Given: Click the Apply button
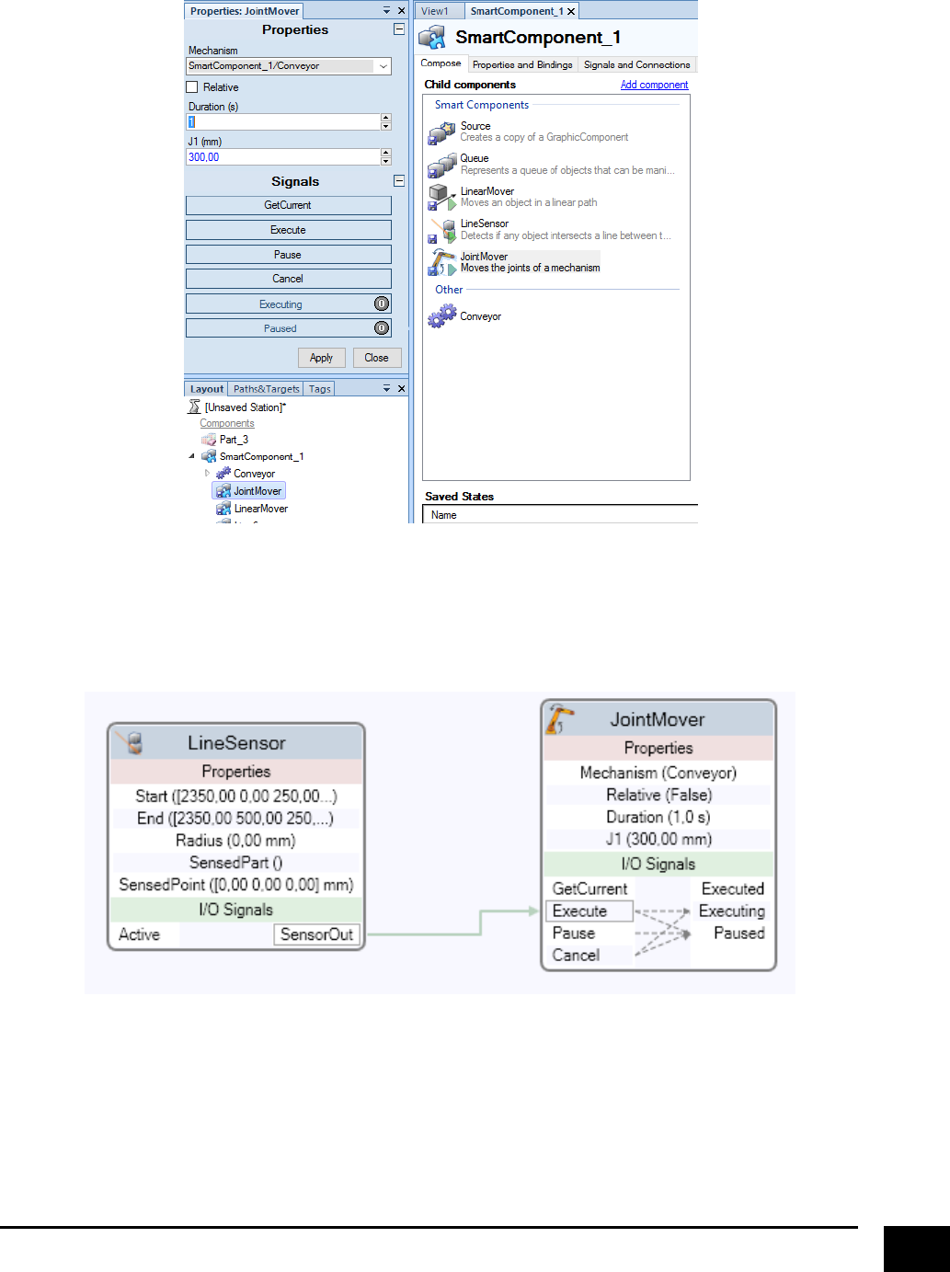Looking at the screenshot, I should (321, 358).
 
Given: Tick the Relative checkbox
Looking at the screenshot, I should (192, 87).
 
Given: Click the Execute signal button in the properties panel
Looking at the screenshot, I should (288, 230).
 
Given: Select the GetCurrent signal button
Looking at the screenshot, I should (288, 205).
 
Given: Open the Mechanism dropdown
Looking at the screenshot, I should (383, 66).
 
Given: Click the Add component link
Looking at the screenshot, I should (654, 85).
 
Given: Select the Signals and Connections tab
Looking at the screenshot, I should (636, 64).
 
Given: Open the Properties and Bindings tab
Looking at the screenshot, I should (522, 64).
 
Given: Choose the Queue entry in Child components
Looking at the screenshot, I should (475, 159).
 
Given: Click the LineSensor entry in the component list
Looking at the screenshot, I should (485, 223).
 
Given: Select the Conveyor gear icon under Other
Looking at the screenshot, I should (442, 316).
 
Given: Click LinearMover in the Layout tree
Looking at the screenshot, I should (260, 509).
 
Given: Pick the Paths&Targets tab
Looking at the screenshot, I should (266, 389).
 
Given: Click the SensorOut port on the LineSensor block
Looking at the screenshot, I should (316, 934).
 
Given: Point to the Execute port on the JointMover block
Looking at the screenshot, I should (579, 911).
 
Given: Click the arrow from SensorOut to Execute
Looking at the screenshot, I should (481, 922).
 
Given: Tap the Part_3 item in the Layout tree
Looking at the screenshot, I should (234, 440).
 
